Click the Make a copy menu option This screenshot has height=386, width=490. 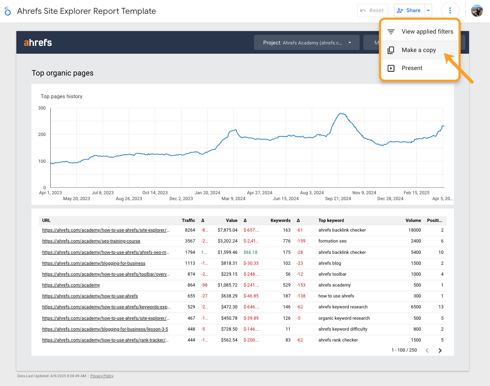(418, 50)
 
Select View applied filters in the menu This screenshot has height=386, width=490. (427, 31)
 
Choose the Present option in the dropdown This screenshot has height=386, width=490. (412, 68)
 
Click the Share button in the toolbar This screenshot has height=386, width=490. (409, 10)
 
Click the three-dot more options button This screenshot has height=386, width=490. (450, 10)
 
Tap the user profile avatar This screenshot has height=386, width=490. (477, 10)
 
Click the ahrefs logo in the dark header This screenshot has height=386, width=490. (38, 42)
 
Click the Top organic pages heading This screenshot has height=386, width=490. (62, 73)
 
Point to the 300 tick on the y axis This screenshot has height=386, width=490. (42, 108)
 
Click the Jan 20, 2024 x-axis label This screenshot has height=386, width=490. (207, 193)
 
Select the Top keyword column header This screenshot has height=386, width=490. (331, 220)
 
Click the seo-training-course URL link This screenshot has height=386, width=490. (91, 241)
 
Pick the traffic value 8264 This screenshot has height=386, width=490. (189, 230)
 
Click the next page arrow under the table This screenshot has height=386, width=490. (440, 350)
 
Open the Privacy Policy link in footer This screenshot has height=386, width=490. (102, 376)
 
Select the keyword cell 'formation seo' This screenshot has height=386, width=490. (332, 241)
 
